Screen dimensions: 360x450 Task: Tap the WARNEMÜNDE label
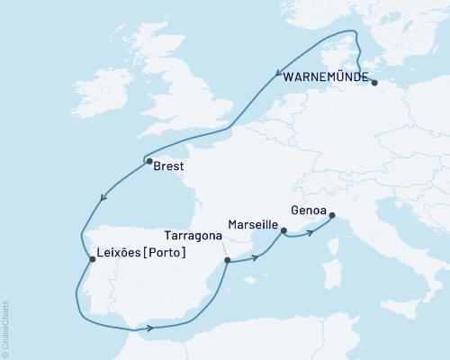click(x=325, y=77)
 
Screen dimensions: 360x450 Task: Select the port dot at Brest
click(x=148, y=162)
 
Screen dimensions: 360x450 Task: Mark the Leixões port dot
click(x=92, y=261)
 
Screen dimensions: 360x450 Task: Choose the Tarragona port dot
click(x=227, y=261)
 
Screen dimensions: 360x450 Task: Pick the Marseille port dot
click(x=283, y=231)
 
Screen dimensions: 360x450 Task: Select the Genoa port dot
click(x=331, y=215)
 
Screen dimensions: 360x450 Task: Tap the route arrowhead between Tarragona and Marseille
click(x=256, y=256)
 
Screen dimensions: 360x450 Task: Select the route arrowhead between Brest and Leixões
click(x=106, y=197)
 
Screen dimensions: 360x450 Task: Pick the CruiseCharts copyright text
click(x=6, y=329)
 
